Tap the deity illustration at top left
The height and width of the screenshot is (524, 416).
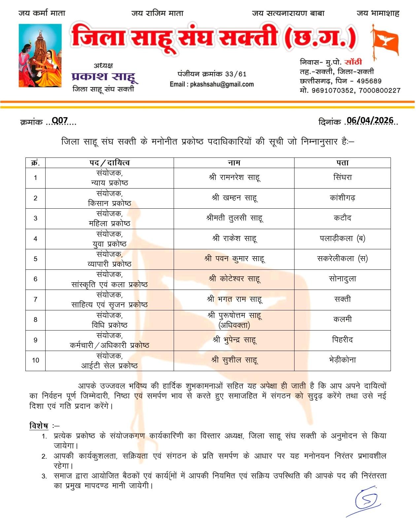(40, 55)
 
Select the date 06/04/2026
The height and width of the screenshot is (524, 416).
(370, 121)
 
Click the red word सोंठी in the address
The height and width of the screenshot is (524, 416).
(353, 62)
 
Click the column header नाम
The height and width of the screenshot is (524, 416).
(234, 163)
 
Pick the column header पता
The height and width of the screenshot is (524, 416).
(342, 163)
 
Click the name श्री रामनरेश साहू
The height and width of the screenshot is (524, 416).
(234, 178)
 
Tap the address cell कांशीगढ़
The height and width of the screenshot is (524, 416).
(342, 198)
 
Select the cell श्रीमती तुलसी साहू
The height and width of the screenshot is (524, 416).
(234, 218)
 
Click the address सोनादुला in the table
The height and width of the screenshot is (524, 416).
(342, 279)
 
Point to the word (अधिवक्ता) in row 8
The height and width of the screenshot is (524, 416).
(234, 325)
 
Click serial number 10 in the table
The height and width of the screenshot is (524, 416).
(36, 360)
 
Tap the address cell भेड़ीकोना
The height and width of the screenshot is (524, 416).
(342, 360)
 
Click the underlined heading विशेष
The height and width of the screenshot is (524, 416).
(39, 426)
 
